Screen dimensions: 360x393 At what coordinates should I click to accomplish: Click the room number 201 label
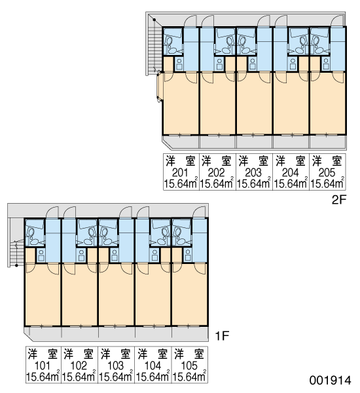(180, 173)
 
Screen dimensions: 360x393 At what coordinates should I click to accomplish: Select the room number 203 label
(253, 173)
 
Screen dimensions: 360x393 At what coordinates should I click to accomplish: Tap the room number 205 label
(327, 173)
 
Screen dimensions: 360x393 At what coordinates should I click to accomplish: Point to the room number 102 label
(79, 366)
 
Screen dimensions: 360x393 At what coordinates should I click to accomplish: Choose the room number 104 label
(153, 366)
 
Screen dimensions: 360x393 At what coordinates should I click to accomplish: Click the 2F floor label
(338, 200)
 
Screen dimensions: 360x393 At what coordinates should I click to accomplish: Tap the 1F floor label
(222, 336)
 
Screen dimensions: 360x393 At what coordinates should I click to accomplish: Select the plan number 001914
(330, 381)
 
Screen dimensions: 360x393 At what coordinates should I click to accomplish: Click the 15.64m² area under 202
(217, 183)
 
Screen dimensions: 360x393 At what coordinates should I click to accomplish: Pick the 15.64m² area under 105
(189, 377)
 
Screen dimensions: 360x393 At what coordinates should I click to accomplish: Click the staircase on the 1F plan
(16, 253)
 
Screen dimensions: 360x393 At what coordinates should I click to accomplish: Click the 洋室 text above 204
(291, 161)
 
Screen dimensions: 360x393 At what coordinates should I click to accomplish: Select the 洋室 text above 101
(43, 354)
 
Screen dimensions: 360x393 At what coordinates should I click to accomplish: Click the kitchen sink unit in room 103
(115, 255)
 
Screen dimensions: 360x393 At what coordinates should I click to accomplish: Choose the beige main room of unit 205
(328, 105)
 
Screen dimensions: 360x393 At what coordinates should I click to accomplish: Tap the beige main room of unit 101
(43, 296)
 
